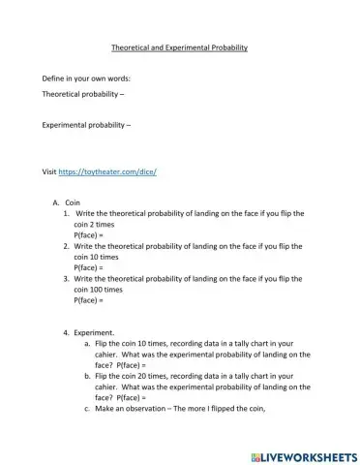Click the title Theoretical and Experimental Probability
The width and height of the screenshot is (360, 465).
click(x=180, y=48)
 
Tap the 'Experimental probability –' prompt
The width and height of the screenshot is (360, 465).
click(x=87, y=125)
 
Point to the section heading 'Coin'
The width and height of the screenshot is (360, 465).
click(x=72, y=202)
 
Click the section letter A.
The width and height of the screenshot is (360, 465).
click(x=56, y=202)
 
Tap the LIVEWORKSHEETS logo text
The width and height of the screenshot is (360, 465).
click(x=303, y=453)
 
